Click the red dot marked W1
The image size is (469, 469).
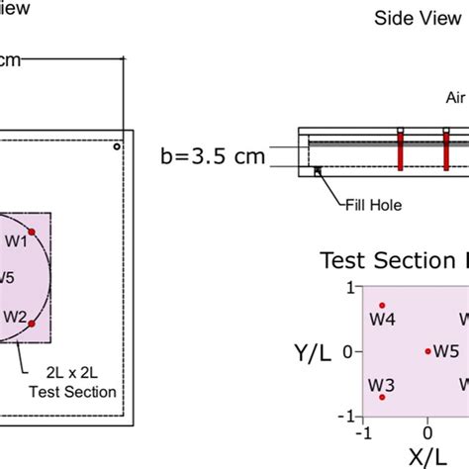[32, 232]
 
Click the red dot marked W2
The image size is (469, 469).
[32, 324]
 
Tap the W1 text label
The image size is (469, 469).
[16, 240]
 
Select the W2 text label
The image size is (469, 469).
[14, 317]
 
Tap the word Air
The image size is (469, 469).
[455, 98]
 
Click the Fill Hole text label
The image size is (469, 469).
[377, 208]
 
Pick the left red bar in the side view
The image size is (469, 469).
[402, 148]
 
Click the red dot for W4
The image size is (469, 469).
[382, 306]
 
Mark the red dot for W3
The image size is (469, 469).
[382, 397]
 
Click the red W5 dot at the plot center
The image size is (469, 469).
[427, 351]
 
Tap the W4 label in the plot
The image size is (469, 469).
[383, 320]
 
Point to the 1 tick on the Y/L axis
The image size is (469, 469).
[348, 287]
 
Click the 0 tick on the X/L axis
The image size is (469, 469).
[427, 432]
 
